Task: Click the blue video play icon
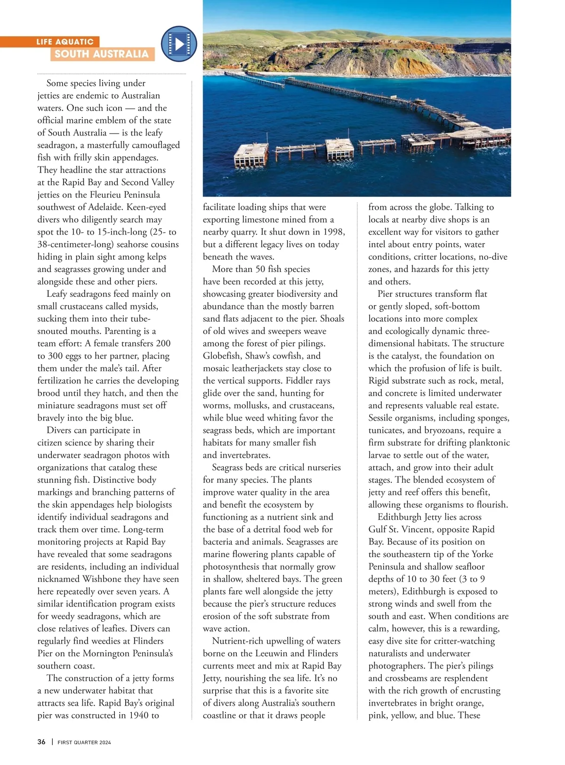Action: point(179,44)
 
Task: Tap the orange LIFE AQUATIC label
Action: point(65,42)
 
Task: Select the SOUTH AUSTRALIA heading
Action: point(101,54)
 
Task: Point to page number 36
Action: point(41,742)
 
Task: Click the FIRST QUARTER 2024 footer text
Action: point(84,742)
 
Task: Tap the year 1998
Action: point(333,232)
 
